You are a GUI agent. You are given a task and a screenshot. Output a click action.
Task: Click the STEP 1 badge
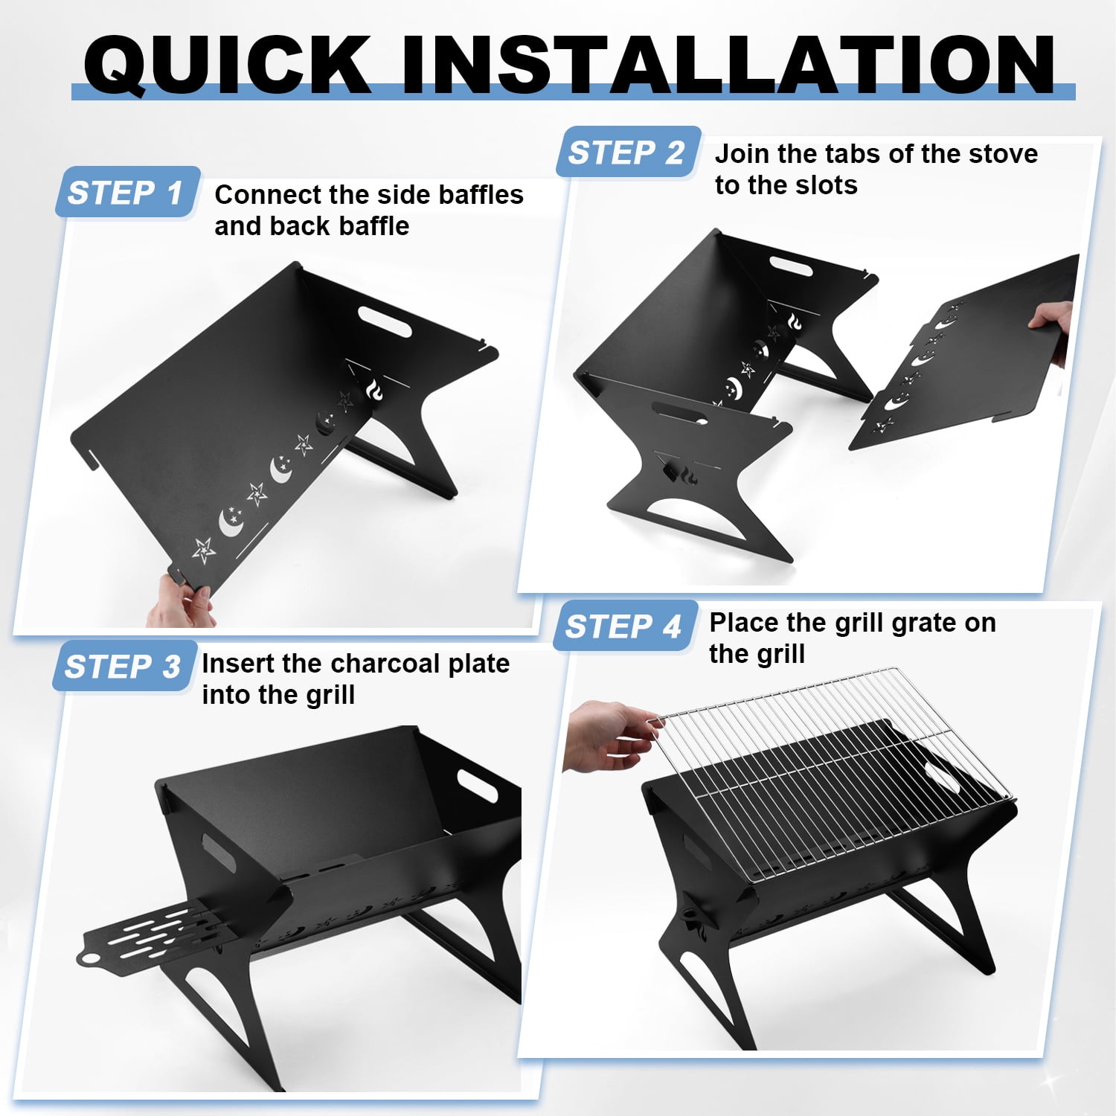(127, 192)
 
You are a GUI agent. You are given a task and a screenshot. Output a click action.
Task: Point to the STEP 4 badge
(626, 626)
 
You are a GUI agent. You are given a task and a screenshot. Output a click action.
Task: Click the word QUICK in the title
(227, 64)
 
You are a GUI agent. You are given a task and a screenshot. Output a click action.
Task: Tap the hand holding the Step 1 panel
(179, 601)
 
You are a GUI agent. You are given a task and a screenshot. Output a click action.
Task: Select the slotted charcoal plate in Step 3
(153, 933)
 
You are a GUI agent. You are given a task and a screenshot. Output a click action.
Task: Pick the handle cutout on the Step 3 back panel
(478, 786)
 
